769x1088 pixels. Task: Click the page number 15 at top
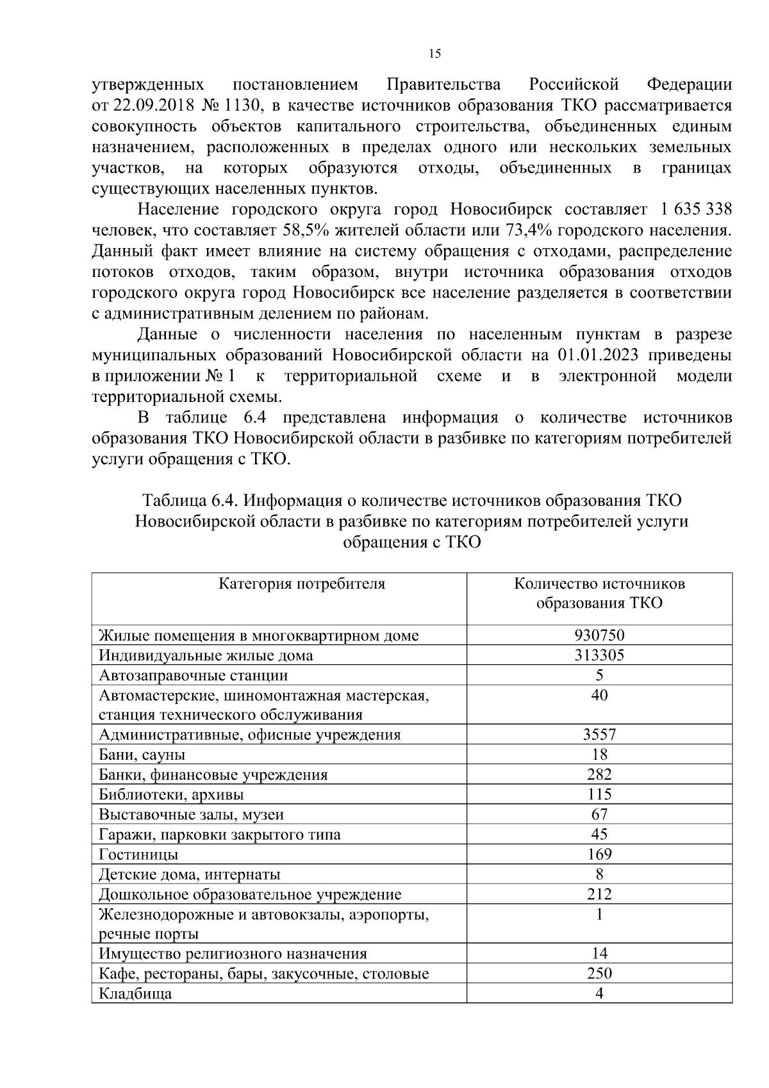pos(434,54)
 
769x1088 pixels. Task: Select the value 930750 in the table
pos(599,635)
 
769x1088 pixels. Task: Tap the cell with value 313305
pos(599,655)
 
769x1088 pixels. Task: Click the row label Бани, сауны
pos(142,755)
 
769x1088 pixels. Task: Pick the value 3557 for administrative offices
pos(599,735)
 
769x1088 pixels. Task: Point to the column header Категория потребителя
pos(302,584)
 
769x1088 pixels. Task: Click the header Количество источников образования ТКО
pos(599,594)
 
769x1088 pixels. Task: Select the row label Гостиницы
pos(138,855)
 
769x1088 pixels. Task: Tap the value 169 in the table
pos(599,854)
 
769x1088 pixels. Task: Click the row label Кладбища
pos(135,994)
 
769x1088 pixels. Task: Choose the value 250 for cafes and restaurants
pos(599,973)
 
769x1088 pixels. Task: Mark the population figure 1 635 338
pos(693,210)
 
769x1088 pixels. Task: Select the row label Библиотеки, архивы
pos(171,795)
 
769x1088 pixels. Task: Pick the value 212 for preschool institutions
pos(599,894)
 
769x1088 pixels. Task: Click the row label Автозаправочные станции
pos(193,675)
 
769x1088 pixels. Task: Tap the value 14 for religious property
pos(599,953)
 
